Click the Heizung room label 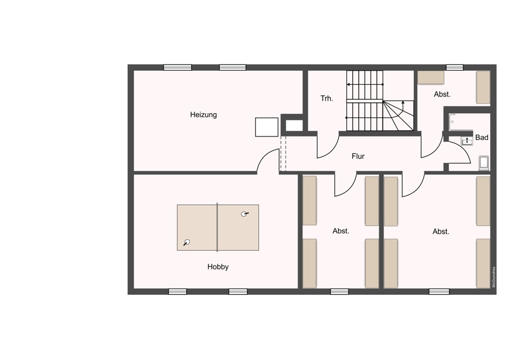click(203, 115)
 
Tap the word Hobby click(218, 267)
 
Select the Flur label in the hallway click(358, 156)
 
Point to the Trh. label click(326, 98)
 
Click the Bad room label click(482, 138)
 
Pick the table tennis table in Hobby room click(218, 228)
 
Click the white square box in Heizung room click(266, 127)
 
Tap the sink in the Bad click(467, 141)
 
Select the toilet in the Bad click(484, 163)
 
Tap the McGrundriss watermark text click(494, 277)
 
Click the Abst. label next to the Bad click(442, 94)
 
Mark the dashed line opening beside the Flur click(283, 153)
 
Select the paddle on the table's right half click(244, 214)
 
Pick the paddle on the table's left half click(186, 242)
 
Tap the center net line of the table click(217, 228)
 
